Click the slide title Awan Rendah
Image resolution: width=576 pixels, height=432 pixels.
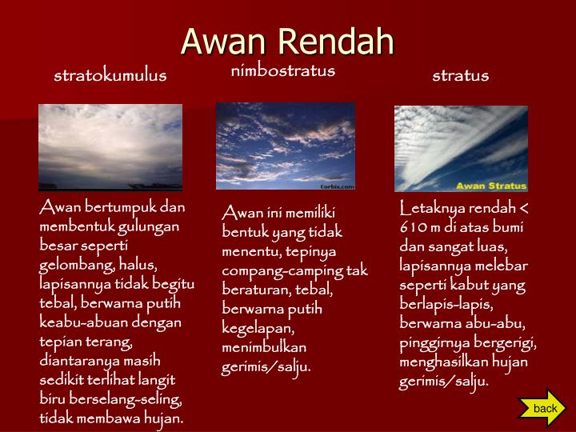tap(287, 42)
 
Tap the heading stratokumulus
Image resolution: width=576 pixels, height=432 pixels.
tap(110, 76)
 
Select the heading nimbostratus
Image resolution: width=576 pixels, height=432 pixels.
tap(282, 71)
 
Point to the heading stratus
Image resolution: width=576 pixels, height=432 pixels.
tap(460, 76)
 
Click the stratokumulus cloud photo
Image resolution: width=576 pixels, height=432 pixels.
tap(110, 147)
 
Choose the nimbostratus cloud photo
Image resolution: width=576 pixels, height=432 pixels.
tap(285, 146)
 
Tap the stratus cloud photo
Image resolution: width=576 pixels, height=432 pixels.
tap(461, 149)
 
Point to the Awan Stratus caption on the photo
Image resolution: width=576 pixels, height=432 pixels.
tap(490, 186)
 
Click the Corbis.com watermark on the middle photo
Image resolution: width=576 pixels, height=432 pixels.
tap(337, 185)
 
